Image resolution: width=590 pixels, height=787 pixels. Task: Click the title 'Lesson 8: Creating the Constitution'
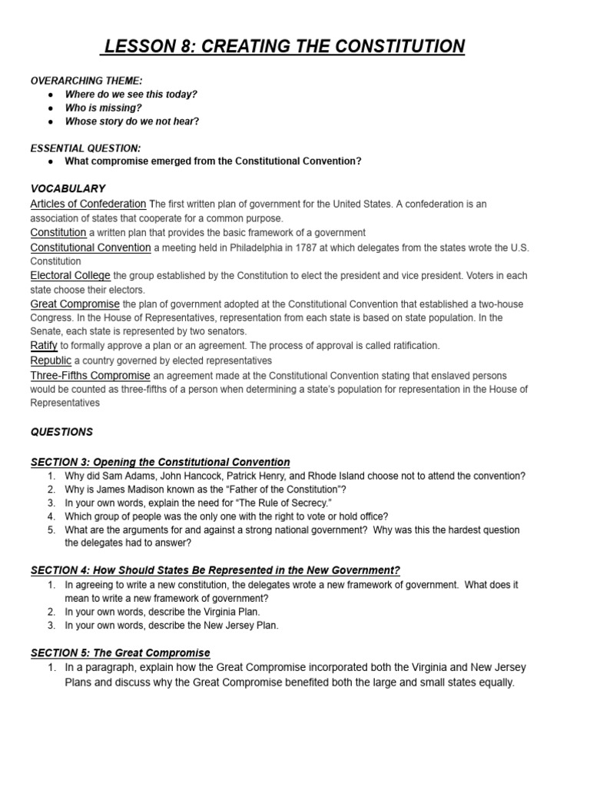tap(283, 47)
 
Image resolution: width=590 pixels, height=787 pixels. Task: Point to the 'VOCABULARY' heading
tap(68, 188)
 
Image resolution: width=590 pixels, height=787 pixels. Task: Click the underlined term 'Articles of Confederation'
tap(88, 204)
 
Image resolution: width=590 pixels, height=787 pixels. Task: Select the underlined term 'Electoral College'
tap(71, 275)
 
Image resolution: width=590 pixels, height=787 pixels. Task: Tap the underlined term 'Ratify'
tap(44, 346)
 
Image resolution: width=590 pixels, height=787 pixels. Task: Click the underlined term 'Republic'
tap(51, 360)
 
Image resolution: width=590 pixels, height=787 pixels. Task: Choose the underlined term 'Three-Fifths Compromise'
tap(91, 375)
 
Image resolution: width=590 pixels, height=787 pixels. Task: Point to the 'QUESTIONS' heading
tap(61, 432)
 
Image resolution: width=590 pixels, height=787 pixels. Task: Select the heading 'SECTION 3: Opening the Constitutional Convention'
tap(160, 462)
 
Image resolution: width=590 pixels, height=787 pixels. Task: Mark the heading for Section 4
tap(215, 569)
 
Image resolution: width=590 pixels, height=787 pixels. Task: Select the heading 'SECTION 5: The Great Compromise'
tap(120, 653)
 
